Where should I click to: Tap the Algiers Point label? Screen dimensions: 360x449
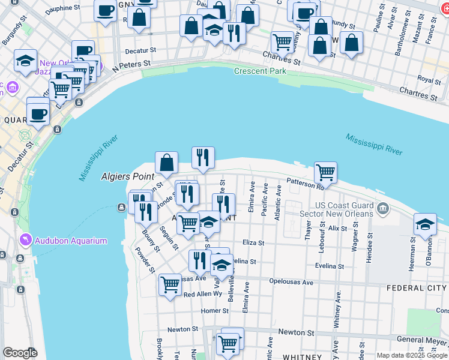pyautogui.click(x=127, y=177)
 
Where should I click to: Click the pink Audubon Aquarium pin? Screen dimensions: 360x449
pyautogui.click(x=26, y=241)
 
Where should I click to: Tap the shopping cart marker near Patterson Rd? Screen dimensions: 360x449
pyautogui.click(x=325, y=172)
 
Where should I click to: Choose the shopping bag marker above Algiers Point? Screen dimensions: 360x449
pyautogui.click(x=166, y=162)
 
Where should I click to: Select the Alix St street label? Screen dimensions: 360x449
pyautogui.click(x=337, y=228)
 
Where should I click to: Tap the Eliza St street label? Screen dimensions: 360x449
pyautogui.click(x=253, y=243)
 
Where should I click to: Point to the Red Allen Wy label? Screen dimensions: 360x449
pyautogui.click(x=203, y=295)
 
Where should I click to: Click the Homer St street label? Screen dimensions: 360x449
pyautogui.click(x=215, y=311)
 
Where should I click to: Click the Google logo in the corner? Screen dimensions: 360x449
pyautogui.click(x=19, y=353)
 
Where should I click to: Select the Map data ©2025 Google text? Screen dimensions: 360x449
pyautogui.click(x=411, y=355)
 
